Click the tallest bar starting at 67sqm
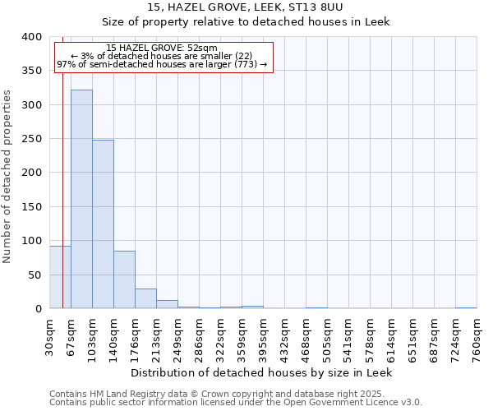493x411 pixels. (81, 199)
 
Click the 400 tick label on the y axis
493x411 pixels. (31, 37)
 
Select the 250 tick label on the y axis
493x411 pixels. (31, 139)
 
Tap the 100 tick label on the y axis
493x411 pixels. (31, 241)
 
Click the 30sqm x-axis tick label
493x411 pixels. (49, 337)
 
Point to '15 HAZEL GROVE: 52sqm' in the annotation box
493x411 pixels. (162, 48)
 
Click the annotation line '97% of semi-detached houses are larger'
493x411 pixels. (162, 64)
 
